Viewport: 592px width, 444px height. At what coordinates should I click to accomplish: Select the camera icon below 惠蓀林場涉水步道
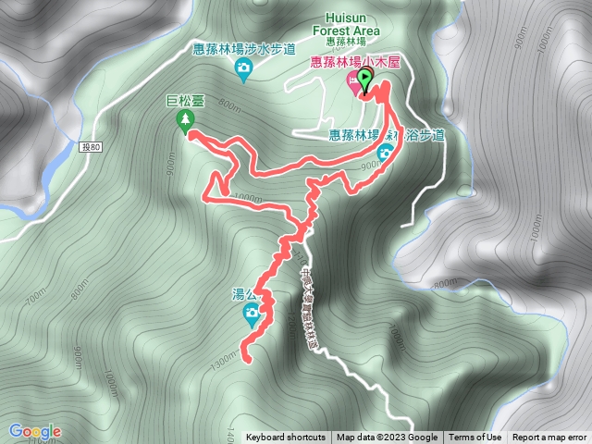(x=242, y=69)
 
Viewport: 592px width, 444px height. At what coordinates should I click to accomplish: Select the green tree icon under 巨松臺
(x=186, y=120)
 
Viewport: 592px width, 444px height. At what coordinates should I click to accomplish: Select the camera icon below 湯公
(x=252, y=314)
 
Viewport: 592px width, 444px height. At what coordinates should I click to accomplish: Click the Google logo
(x=35, y=431)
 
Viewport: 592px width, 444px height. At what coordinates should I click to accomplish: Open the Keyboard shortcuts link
(x=285, y=438)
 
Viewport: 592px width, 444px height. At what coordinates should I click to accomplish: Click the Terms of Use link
(x=475, y=438)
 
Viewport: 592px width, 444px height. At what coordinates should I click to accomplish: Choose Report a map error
(x=549, y=438)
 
